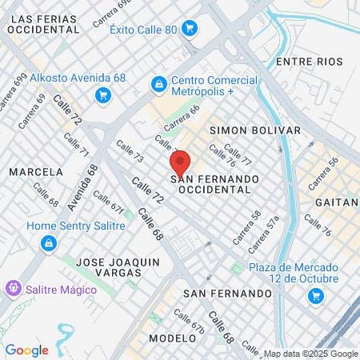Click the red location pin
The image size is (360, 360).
point(180,164)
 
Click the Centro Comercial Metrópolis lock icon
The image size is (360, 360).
point(158,83)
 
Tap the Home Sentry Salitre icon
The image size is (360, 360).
point(49,242)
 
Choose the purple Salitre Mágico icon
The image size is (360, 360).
point(12,287)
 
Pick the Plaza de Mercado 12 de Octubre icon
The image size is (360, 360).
point(316,297)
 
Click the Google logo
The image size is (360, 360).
point(26,350)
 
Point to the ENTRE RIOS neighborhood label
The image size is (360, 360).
point(308,62)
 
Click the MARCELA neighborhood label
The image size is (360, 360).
point(35,172)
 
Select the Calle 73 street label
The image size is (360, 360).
point(130,152)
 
